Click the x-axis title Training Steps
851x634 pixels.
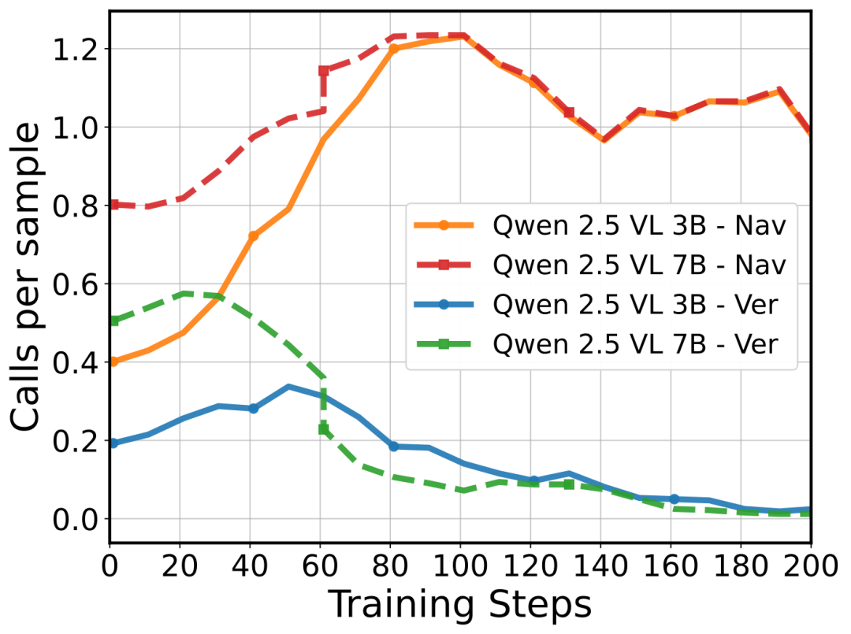[x=459, y=604]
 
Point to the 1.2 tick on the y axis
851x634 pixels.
[x=76, y=49]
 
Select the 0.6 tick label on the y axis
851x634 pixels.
[x=76, y=284]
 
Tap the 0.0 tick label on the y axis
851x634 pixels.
[x=76, y=519]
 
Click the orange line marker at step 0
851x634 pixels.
[x=113, y=361]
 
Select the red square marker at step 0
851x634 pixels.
[x=113, y=205]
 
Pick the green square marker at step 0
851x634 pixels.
[x=113, y=321]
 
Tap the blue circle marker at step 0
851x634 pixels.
[x=113, y=443]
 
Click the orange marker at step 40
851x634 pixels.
[x=254, y=236]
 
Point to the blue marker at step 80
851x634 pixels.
[x=394, y=447]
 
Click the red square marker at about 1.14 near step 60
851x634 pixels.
[x=324, y=71]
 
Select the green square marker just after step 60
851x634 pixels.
[x=324, y=428]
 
